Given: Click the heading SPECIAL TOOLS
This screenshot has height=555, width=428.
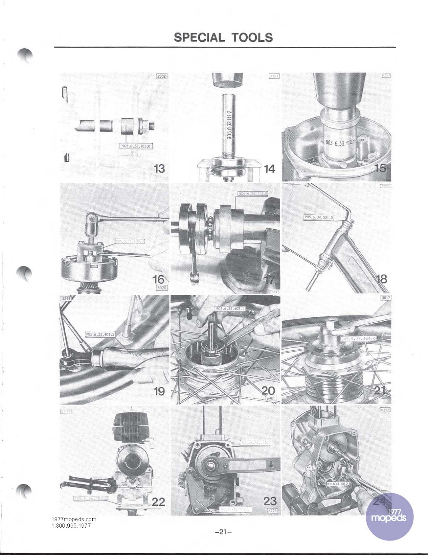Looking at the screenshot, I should (223, 37).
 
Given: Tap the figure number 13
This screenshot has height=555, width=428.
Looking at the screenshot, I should (159, 169).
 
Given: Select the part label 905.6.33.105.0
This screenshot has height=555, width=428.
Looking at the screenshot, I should (136, 146).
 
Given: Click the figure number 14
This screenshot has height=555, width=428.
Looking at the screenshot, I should (269, 169).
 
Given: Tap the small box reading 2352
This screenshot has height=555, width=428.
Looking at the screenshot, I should (161, 76).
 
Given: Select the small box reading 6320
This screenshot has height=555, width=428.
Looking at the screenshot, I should (162, 288).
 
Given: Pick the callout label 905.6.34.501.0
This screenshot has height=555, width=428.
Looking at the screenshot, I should (319, 217).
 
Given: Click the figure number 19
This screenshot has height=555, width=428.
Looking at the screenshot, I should (159, 392).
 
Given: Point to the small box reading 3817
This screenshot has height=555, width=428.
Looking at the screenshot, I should (386, 298).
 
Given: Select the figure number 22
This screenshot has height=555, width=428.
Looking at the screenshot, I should (159, 502).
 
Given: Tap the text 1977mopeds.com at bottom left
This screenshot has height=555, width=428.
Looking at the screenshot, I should (74, 519).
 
